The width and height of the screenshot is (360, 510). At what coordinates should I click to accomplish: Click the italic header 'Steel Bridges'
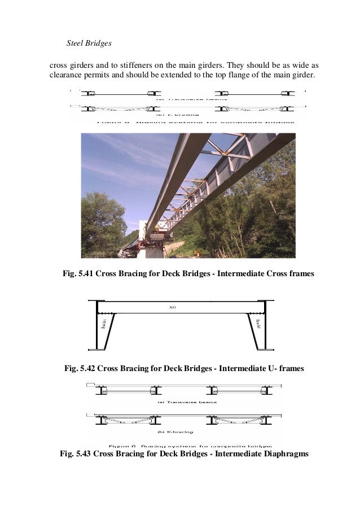pos(90,43)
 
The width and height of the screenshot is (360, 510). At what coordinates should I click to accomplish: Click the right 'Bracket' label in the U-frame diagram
pos(257,324)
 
